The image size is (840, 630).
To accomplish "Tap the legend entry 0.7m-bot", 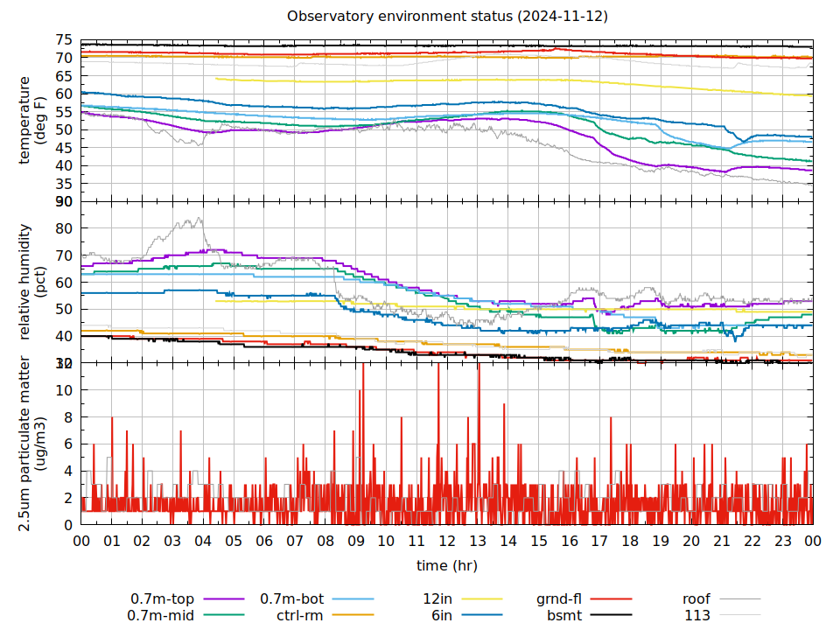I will pyautogui.click(x=292, y=599).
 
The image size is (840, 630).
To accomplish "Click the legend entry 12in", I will pyautogui.click(x=437, y=599).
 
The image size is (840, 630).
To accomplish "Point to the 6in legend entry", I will pyautogui.click(x=442, y=615).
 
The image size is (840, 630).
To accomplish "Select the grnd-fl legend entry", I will pyautogui.click(x=559, y=599).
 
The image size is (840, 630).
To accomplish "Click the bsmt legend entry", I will pyautogui.click(x=564, y=615).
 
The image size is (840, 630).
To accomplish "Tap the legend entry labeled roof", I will pyautogui.click(x=696, y=599).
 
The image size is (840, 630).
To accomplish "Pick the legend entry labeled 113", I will pyautogui.click(x=697, y=615).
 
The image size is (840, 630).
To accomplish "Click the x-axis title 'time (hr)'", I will pyautogui.click(x=447, y=565).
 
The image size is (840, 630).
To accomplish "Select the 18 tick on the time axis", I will pyautogui.click(x=630, y=541).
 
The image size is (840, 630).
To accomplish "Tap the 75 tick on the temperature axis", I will pyautogui.click(x=63, y=39).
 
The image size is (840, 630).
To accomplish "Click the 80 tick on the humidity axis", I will pyautogui.click(x=63, y=228).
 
